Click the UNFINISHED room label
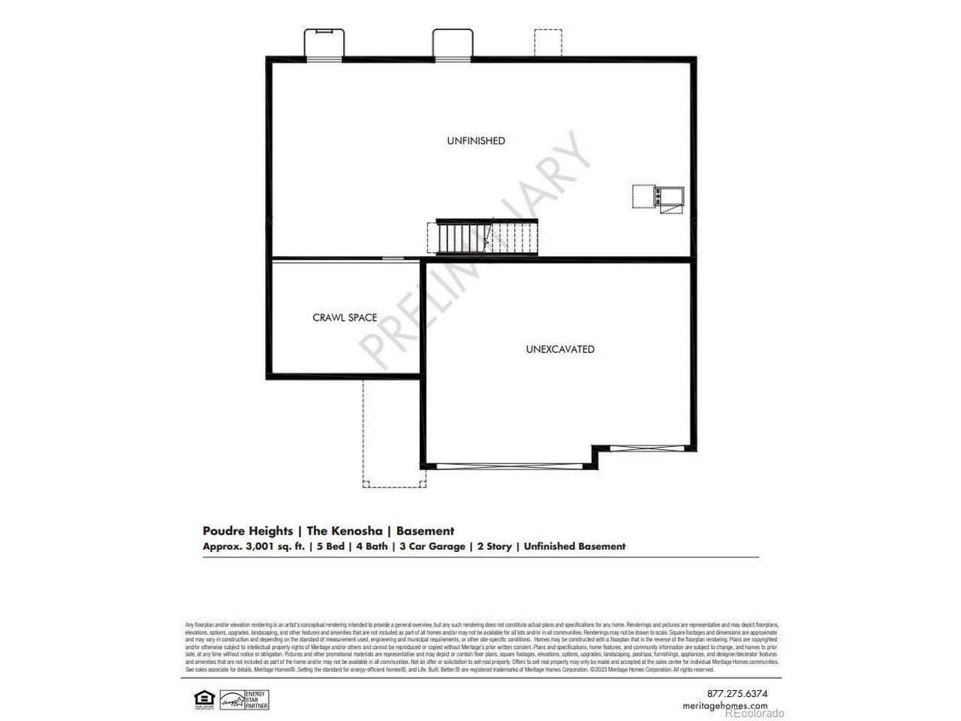[x=476, y=140]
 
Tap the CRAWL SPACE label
[x=345, y=318]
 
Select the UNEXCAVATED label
[x=560, y=349]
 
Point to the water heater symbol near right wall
[x=658, y=198]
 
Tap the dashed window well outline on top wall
[x=547, y=42]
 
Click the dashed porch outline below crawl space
[x=394, y=433]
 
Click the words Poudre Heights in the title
[x=248, y=531]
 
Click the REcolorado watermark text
[x=754, y=713]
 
